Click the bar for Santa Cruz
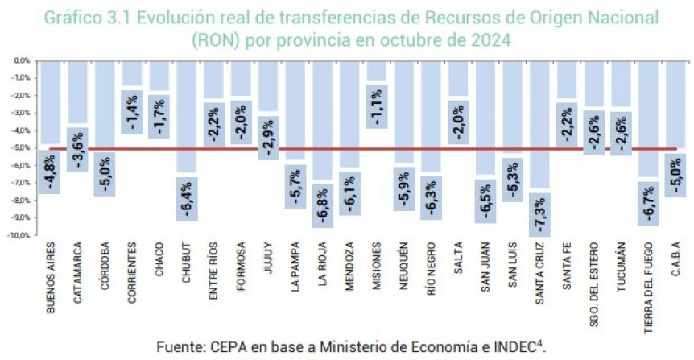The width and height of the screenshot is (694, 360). pyautogui.click(x=539, y=121)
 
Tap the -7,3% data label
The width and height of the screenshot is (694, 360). pyautogui.click(x=539, y=213)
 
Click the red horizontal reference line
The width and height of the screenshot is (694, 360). pyautogui.click(x=362, y=148)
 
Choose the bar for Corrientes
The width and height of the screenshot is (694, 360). pyautogui.click(x=132, y=72)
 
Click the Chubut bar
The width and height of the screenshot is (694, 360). pyautogui.click(x=187, y=113)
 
